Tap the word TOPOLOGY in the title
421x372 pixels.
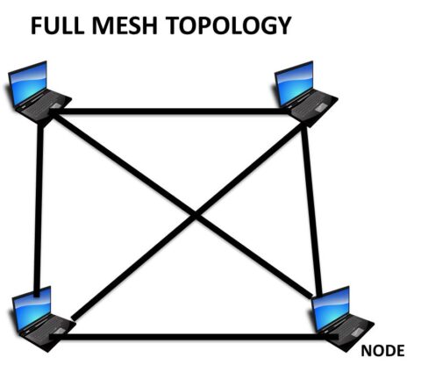click(226, 26)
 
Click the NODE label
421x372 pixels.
click(382, 351)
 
